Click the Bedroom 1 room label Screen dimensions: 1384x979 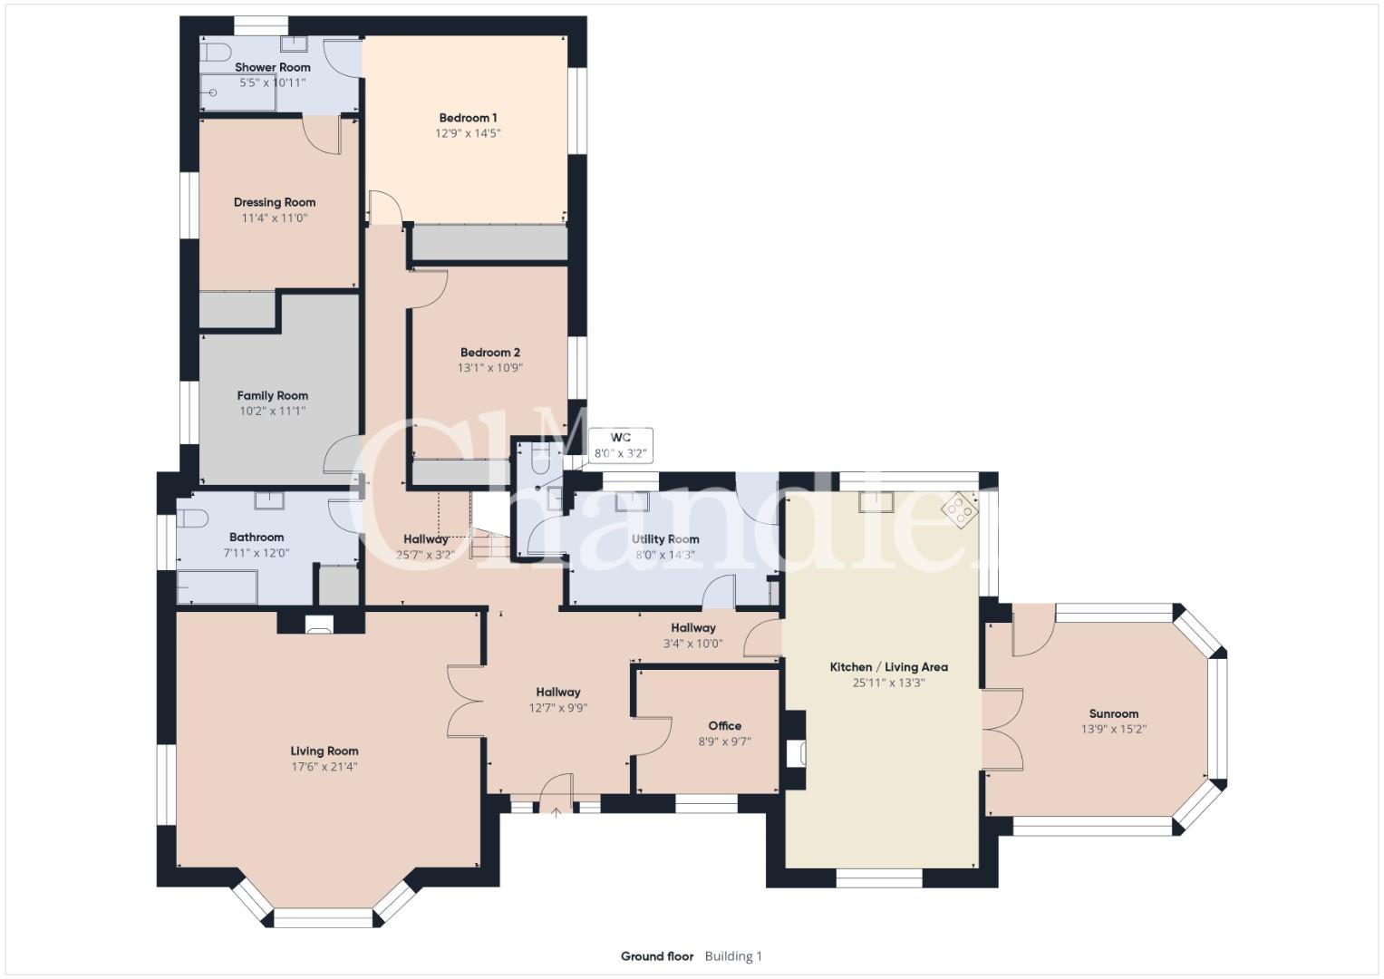tap(468, 118)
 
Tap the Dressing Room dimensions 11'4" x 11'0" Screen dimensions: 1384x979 tap(275, 218)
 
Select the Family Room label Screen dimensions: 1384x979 tap(273, 395)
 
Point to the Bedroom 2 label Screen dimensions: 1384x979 tap(490, 353)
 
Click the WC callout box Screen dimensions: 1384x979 tap(620, 445)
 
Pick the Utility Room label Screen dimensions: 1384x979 tap(665, 539)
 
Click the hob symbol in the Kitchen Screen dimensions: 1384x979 tap(960, 510)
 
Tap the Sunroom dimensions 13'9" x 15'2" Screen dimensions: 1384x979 tap(1113, 729)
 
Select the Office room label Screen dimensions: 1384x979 tap(725, 725)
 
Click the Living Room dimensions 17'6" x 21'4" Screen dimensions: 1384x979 tap(324, 766)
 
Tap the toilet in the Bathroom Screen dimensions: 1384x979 tap(191, 518)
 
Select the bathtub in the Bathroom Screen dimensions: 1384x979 tap(217, 586)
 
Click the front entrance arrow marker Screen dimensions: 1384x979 tap(557, 813)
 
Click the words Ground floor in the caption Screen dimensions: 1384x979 tap(657, 956)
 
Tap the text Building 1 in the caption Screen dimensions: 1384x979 tap(733, 956)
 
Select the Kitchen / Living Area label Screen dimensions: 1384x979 tap(888, 667)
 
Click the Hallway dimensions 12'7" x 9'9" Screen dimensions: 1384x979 tap(558, 708)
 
